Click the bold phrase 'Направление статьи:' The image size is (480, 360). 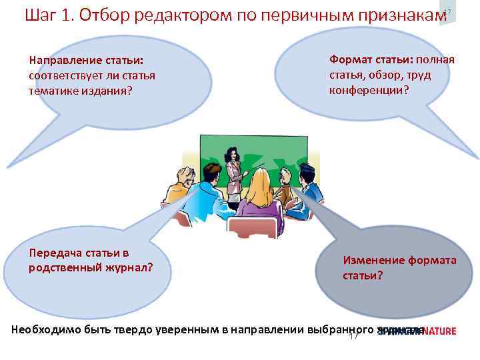(x=86, y=61)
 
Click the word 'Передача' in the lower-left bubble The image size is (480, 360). (x=55, y=253)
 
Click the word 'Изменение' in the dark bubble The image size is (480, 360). (x=371, y=261)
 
